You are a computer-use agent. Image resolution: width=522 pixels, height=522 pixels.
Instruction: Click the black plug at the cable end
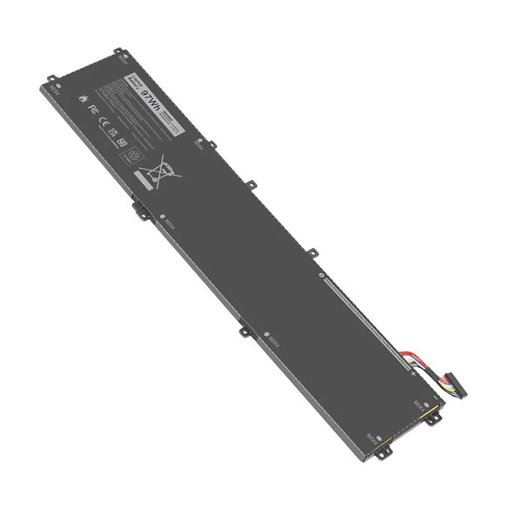[x=452, y=381]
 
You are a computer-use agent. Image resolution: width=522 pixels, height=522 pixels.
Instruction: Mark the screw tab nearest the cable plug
[x=428, y=418]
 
